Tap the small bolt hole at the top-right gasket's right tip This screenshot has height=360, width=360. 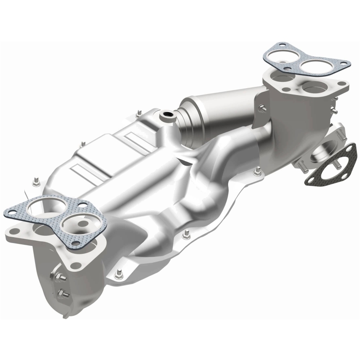344,64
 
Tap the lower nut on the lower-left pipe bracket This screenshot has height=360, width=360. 63,295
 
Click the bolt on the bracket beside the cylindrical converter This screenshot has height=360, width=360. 261,107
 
